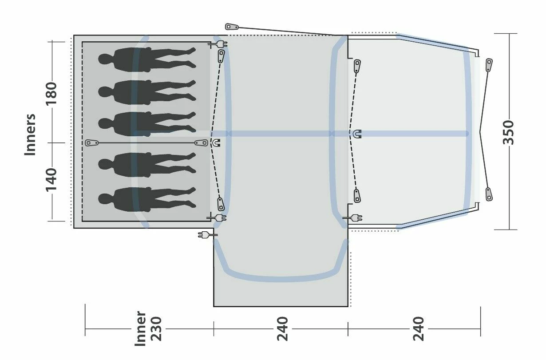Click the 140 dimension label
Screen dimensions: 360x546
coord(52,179)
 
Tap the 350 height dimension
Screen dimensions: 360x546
coord(509,132)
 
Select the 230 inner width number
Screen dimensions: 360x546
coord(156,329)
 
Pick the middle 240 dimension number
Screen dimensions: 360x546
coord(282,329)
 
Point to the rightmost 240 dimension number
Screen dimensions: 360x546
coord(418,329)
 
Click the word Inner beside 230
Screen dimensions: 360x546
coord(140,329)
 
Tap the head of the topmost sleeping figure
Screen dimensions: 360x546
coord(105,59)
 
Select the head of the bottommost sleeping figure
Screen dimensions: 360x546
coord(105,199)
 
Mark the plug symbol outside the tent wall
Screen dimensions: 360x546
coord(205,234)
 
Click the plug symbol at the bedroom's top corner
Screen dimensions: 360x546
coord(218,44)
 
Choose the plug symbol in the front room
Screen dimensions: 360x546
coord(354,218)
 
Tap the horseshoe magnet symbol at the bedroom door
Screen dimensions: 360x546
coord(216,143)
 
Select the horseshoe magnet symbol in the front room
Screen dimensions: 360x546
coord(357,134)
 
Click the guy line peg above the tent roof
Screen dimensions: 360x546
coord(232,27)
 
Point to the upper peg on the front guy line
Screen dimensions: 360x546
coord(489,65)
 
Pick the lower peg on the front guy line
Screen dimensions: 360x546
coord(489,194)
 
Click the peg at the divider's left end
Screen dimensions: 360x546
coord(92,143)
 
